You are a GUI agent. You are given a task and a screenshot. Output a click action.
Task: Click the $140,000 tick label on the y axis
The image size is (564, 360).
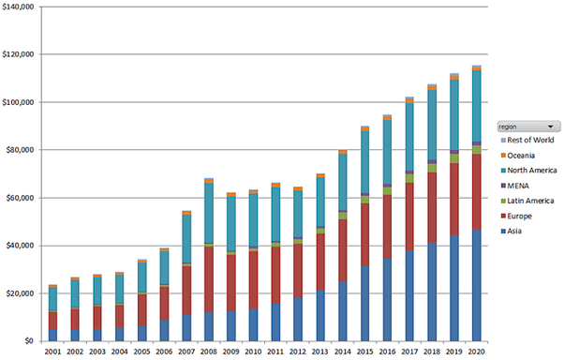tap(20, 7)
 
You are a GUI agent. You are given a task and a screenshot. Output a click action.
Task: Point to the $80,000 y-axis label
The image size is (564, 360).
tap(22, 150)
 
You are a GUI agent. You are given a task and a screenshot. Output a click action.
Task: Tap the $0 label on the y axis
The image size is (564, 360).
tap(31, 341)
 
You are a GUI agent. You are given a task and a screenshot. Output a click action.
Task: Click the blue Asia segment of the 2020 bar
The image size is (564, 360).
tap(476, 286)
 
